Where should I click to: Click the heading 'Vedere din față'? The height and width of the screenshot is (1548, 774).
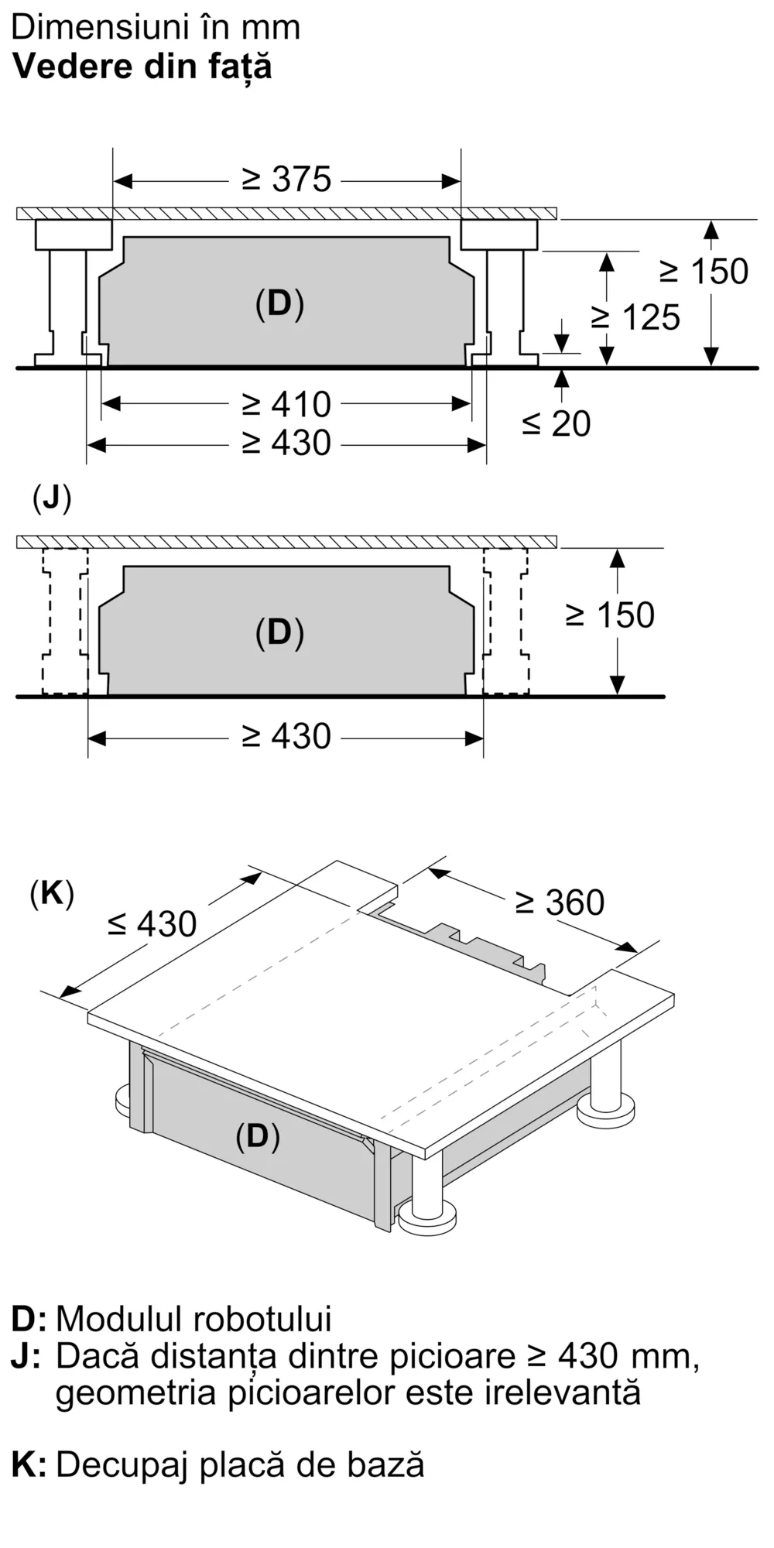click(142, 68)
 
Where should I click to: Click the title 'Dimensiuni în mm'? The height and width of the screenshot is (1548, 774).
click(156, 28)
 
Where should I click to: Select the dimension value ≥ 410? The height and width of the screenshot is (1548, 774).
click(286, 404)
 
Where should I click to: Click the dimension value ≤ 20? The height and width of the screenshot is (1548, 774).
click(557, 423)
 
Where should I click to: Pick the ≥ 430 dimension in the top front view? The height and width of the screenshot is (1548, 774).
click(286, 443)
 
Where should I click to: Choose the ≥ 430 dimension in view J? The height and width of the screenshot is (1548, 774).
click(286, 736)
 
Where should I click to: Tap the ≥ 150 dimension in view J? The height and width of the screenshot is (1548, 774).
click(610, 615)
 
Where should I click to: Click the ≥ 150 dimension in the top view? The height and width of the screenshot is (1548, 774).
click(704, 272)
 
